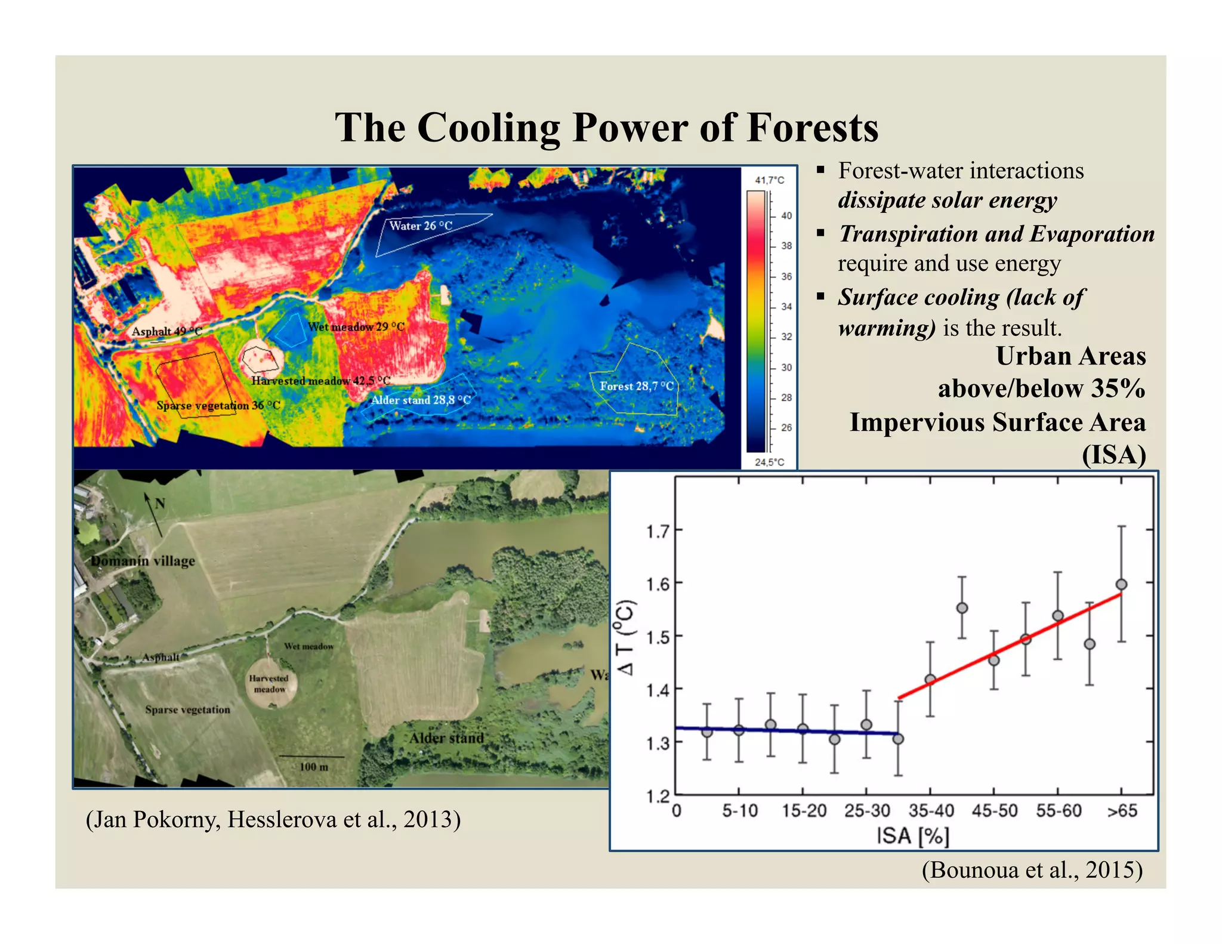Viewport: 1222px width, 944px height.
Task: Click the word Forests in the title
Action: [812, 128]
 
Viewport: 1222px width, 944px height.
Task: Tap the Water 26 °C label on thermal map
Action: [421, 226]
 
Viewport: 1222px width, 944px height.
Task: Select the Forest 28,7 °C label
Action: [637, 386]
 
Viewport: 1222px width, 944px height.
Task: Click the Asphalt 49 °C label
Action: [166, 331]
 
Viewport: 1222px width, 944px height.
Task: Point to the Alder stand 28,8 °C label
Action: [421, 400]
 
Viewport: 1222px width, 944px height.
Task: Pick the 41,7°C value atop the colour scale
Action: [769, 180]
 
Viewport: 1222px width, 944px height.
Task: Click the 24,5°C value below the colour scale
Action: [769, 462]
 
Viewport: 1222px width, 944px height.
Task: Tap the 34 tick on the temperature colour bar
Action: [786, 307]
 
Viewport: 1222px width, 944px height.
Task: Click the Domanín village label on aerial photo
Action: [143, 561]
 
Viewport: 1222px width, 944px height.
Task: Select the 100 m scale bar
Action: [312, 758]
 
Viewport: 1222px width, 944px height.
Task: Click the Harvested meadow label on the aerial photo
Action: [269, 684]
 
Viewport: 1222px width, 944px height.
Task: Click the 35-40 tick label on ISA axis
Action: [931, 811]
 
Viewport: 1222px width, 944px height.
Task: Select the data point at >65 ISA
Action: [1121, 584]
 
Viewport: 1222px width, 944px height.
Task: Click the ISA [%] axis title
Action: [912, 836]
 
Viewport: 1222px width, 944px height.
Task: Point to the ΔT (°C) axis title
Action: [626, 637]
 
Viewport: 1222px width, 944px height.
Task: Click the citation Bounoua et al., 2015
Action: [1032, 870]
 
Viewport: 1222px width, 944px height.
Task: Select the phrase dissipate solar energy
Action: [947, 200]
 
